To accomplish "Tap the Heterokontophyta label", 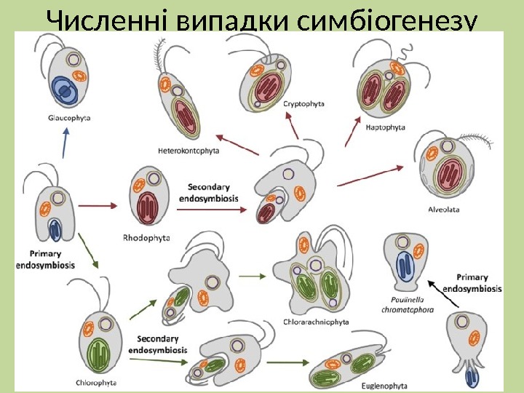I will point(188,151).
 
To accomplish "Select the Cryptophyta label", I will point(304,104).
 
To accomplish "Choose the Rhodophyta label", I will point(146,237).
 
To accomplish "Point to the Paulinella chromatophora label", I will point(407,303).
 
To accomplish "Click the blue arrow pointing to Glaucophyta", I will point(65,143).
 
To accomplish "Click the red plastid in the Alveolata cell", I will point(447,175).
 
